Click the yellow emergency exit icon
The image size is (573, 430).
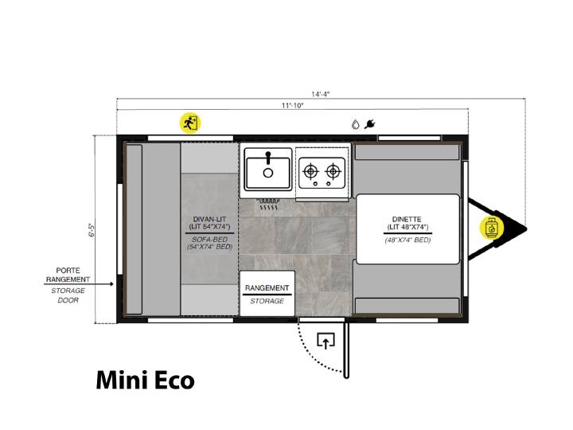[190, 123]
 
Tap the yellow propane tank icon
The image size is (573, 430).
[492, 228]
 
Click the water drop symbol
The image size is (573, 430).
[355, 124]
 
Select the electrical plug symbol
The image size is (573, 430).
[370, 124]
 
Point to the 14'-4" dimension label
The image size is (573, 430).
[321, 94]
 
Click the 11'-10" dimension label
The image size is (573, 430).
[292, 106]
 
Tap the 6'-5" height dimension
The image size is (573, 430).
[92, 229]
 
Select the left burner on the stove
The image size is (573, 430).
[310, 170]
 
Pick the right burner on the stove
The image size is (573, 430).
[333, 170]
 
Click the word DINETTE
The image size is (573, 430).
[407, 220]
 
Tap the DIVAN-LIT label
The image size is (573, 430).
[209, 220]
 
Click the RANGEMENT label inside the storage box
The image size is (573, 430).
[267, 288]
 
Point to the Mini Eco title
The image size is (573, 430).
[145, 381]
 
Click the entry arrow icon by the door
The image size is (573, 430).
[325, 341]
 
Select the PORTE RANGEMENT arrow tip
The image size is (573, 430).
[112, 284]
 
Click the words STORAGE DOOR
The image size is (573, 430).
[68, 295]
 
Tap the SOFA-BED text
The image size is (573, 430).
[210, 240]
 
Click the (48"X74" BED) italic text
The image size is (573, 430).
[407, 240]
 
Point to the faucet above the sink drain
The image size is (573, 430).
[268, 158]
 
